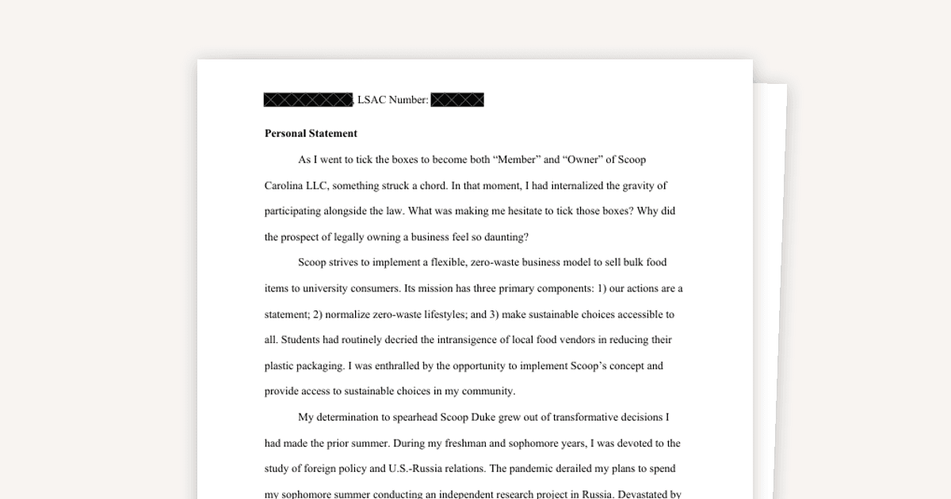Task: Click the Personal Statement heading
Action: coord(311,133)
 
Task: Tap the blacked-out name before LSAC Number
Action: coord(307,100)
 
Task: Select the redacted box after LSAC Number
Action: coord(457,100)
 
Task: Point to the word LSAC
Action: coord(372,100)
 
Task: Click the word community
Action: coord(486,391)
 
